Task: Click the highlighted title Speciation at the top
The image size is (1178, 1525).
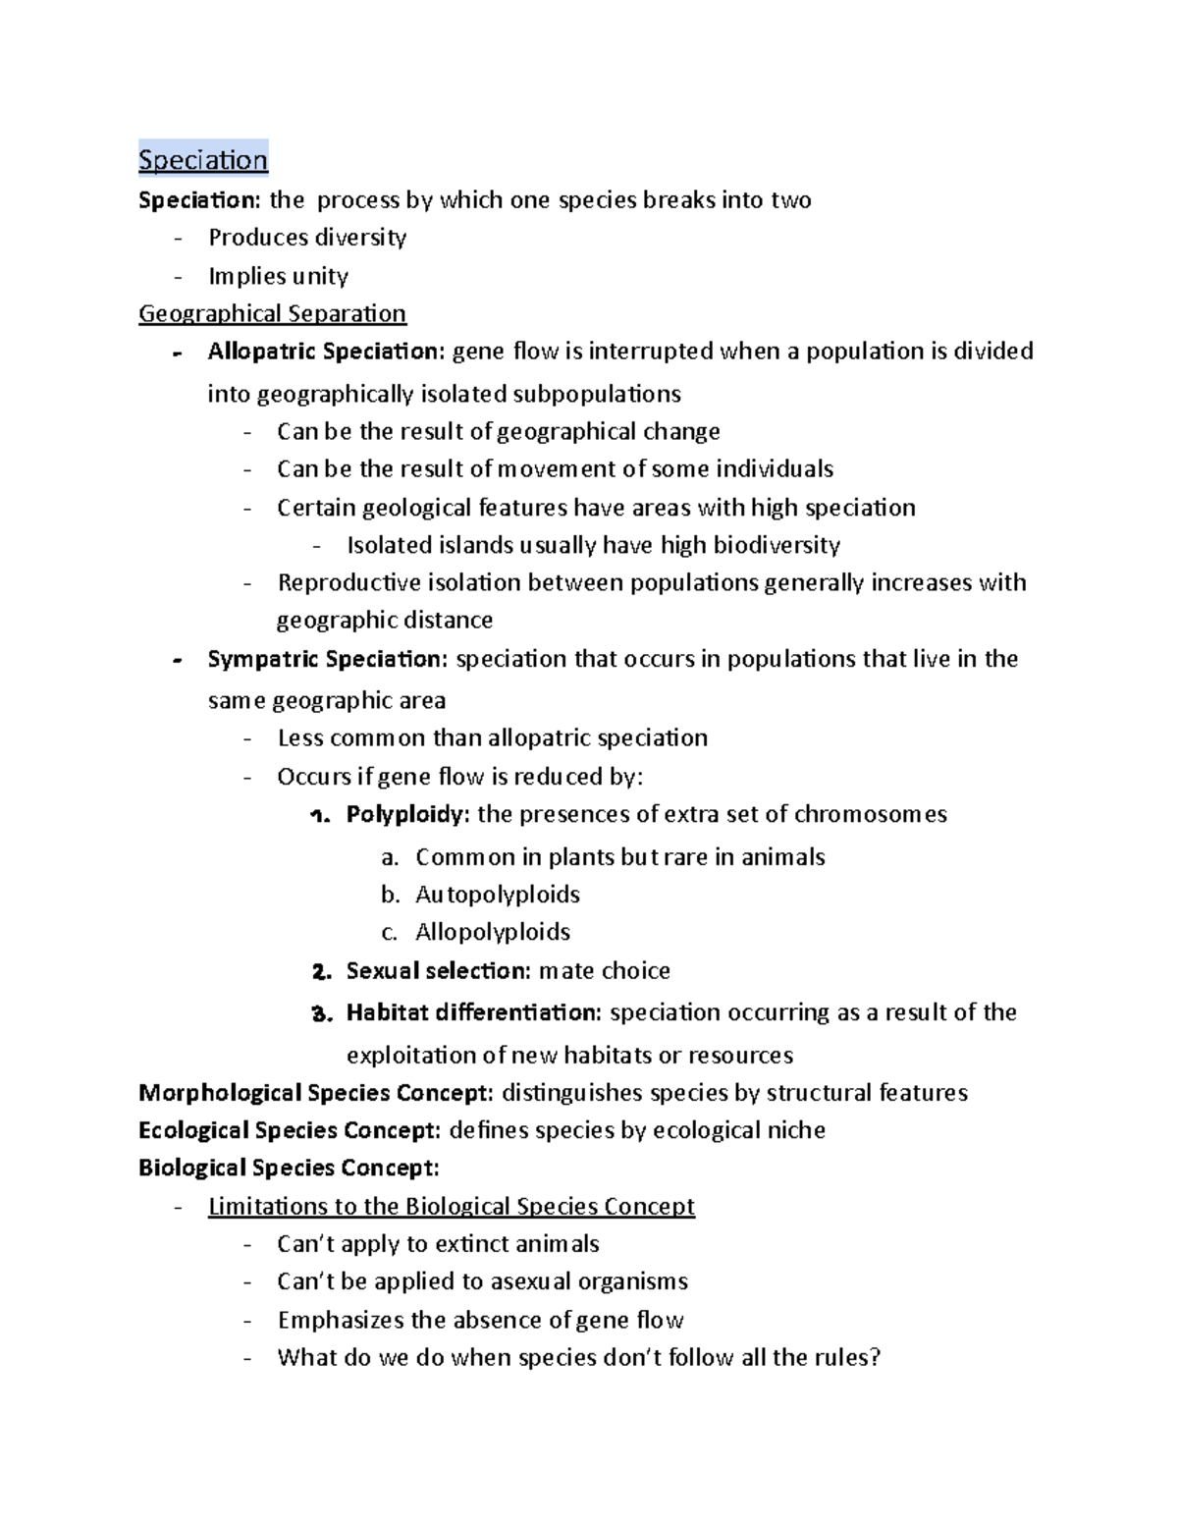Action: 202,160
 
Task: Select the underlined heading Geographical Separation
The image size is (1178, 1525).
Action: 272,313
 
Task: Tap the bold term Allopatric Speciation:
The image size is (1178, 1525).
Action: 326,352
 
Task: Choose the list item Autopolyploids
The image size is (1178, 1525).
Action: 497,895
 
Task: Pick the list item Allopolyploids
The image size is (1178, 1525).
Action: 492,932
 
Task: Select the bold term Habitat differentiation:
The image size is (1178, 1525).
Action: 473,1012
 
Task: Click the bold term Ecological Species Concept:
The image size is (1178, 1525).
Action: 290,1130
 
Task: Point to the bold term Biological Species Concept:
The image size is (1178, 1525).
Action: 289,1169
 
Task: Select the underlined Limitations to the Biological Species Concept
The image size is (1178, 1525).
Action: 451,1206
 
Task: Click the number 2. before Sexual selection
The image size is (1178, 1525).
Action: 321,972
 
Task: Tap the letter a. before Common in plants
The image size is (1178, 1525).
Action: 390,858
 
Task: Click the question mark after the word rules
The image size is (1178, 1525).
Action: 876,1358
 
